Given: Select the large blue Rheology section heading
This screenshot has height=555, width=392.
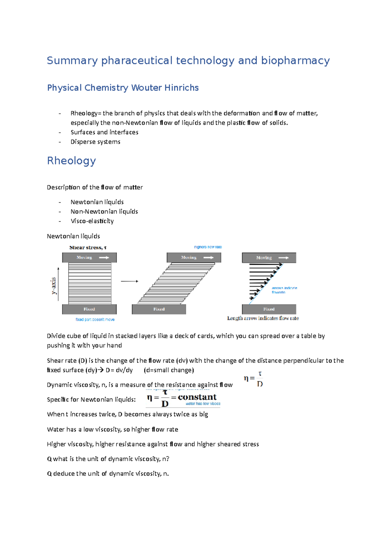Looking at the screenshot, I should [72, 161].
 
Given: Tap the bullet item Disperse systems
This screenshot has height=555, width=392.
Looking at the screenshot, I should [95, 142].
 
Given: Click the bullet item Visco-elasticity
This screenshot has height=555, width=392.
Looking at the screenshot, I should [92, 221].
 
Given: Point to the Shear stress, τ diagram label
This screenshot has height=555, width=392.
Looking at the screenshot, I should [88, 248].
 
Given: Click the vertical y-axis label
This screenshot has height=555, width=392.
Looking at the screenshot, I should [54, 285].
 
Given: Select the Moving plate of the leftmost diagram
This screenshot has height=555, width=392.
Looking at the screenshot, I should [89, 258].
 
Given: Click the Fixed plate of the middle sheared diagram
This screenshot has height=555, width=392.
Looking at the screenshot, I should [159, 309].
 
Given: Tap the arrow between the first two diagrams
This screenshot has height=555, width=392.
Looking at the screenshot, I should [129, 281].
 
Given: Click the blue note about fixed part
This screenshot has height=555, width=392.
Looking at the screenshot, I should [95, 320].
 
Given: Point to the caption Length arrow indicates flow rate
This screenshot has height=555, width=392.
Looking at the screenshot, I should [263, 318].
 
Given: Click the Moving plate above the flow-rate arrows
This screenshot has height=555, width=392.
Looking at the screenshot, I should [269, 258].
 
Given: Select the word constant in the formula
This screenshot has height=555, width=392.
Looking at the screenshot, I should [197, 397].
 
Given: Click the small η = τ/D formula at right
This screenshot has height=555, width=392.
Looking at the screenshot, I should [253, 379].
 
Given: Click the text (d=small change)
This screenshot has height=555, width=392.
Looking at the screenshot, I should [169, 370].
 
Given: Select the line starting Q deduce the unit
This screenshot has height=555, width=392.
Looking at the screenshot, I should [108, 474].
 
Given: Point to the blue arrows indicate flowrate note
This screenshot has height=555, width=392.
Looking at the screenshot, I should [284, 290].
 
